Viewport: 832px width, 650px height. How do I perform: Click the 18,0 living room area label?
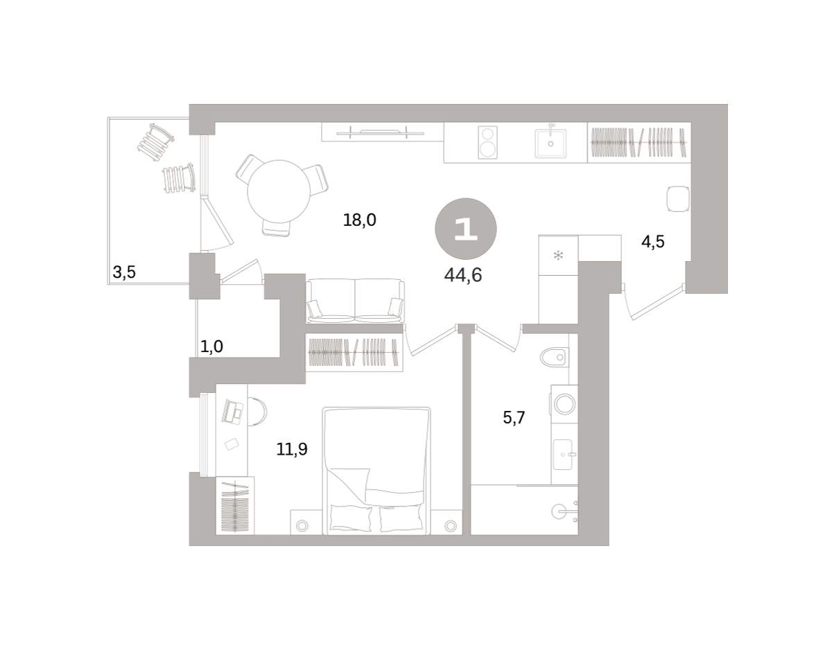pos(360,220)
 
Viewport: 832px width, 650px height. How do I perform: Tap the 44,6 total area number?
pos(463,274)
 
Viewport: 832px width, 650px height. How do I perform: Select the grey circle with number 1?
pos(466,229)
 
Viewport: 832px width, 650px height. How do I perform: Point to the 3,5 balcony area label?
pos(124,272)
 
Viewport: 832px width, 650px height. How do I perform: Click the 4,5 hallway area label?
pos(653,242)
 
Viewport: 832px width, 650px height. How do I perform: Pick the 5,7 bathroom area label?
pos(514,417)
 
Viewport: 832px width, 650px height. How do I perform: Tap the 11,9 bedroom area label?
pos(292,449)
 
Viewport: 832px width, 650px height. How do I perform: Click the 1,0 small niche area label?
pos(211,346)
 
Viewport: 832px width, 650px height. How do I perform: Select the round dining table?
pos(279,191)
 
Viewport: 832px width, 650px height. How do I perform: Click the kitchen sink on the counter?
pos(551,142)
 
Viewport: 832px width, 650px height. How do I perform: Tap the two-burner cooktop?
pos(488,142)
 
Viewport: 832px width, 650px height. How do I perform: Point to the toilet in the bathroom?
pos(554,358)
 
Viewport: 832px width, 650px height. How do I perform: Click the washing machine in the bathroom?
pos(564,404)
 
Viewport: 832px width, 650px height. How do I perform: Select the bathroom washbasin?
pos(564,454)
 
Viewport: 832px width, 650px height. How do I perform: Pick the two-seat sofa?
pos(355,301)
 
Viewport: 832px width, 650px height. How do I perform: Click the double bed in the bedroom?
pos(376,471)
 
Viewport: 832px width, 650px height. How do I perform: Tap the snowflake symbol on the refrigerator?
pos(558,255)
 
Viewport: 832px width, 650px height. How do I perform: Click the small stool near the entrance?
pos(679,199)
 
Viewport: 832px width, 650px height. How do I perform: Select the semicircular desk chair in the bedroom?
pos(257,411)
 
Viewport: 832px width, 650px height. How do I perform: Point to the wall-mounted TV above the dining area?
pos(380,133)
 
